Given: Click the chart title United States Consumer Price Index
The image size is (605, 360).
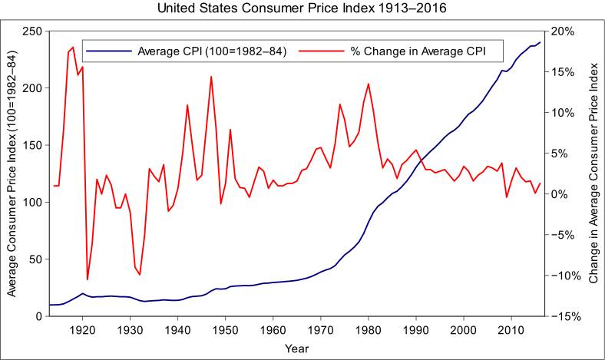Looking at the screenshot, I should click(x=301, y=10).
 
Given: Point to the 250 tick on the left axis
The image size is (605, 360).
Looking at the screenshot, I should click(x=33, y=31).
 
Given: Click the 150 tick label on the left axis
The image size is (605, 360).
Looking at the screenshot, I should click(x=33, y=145).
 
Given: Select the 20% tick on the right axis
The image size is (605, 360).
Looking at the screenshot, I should click(x=563, y=31).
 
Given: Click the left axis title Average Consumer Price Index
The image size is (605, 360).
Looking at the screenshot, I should click(x=12, y=173).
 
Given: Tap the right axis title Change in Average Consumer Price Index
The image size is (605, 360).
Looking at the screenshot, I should click(x=593, y=173).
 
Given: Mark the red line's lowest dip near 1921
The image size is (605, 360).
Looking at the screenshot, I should click(x=88, y=279).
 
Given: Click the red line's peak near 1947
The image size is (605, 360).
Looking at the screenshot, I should click(x=211, y=77).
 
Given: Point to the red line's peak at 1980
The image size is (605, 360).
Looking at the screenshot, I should click(x=369, y=84).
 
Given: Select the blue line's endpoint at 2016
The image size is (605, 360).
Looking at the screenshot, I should click(x=540, y=42).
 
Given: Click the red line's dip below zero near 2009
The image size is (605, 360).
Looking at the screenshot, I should click(x=507, y=197).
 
